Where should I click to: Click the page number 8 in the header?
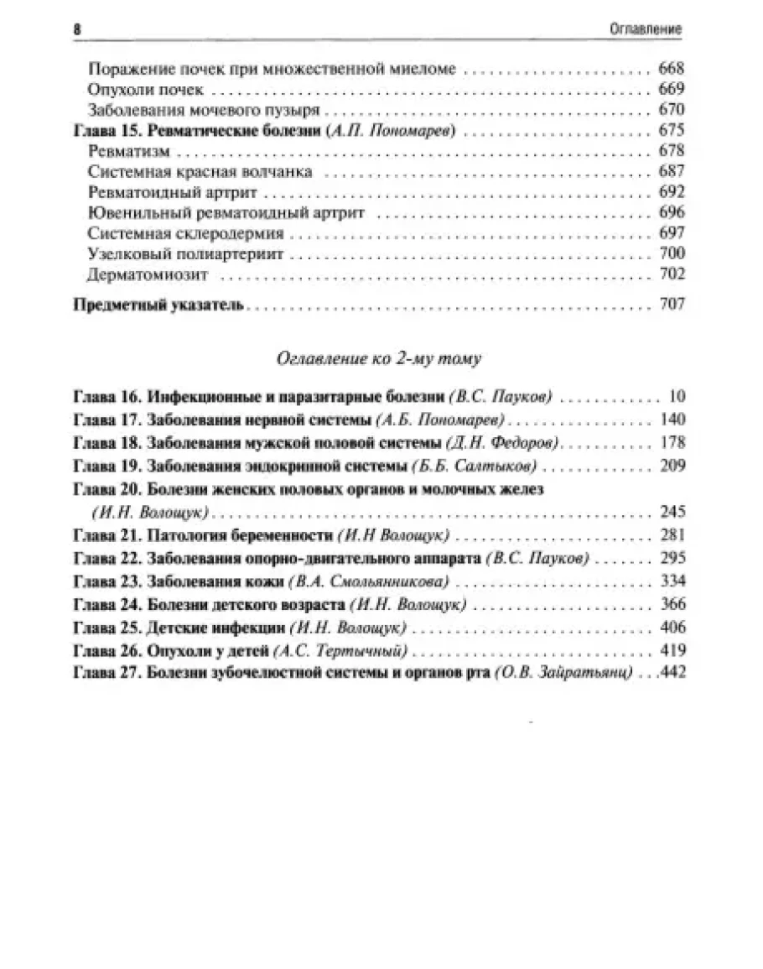(x=77, y=29)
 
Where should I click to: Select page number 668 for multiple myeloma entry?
(x=672, y=70)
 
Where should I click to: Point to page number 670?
(x=672, y=110)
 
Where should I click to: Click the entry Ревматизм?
(x=129, y=151)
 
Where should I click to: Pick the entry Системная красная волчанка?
(x=200, y=171)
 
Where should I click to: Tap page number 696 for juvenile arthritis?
(x=672, y=212)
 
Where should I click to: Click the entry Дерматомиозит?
(x=148, y=274)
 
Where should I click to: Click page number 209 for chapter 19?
(x=672, y=466)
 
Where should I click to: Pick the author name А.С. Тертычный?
(x=352, y=650)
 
